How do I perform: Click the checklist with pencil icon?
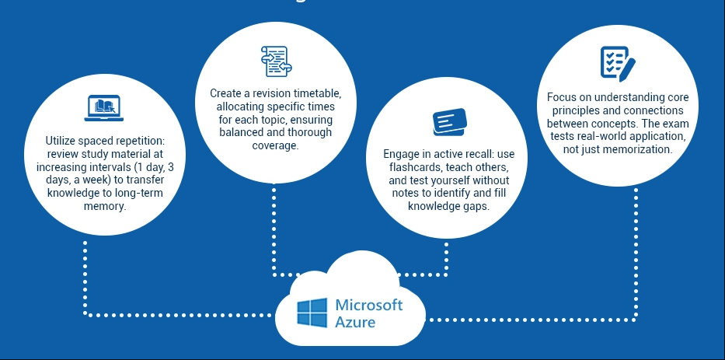pos(618,62)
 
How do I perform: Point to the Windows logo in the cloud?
pos(312,312)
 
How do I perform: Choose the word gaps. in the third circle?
pos(470,206)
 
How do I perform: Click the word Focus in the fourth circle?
pos(561,97)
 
